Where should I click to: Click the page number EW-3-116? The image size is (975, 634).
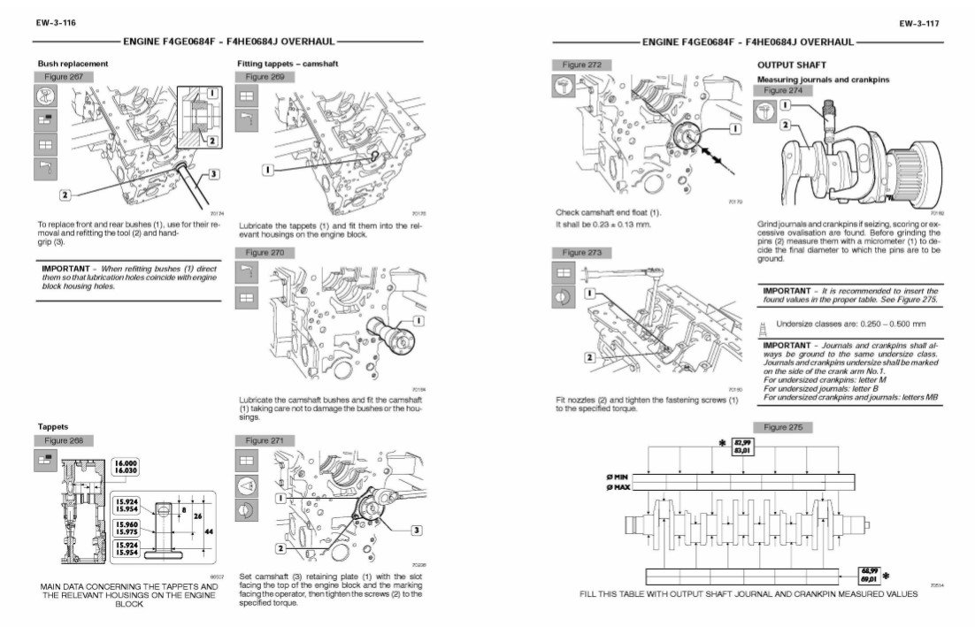[x=55, y=23]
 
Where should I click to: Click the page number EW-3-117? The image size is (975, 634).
[x=922, y=23]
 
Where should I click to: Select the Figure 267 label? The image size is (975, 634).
[x=63, y=78]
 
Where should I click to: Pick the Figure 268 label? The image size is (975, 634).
[x=63, y=440]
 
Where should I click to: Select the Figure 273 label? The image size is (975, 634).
[x=582, y=253]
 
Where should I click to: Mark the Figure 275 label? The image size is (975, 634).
[x=782, y=427]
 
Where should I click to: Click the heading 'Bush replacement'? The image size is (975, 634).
[x=73, y=64]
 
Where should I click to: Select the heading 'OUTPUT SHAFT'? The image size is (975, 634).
[x=791, y=65]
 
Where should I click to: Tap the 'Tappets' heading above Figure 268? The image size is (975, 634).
[x=52, y=427]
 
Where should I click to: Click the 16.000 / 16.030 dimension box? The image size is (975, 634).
[x=127, y=468]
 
